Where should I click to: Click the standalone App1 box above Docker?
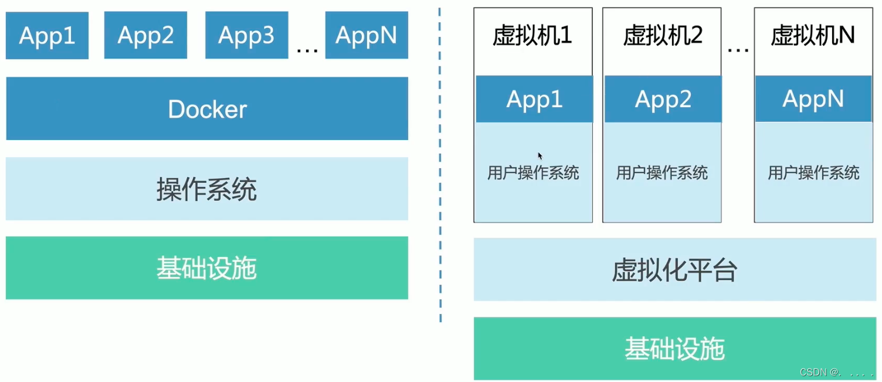tap(47, 36)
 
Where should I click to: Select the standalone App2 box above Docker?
tap(145, 36)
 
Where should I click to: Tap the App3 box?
tap(246, 36)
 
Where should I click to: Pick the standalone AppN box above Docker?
tap(367, 36)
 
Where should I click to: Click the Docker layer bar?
tap(207, 109)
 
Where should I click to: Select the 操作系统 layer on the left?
tap(207, 189)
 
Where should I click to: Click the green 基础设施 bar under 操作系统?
tap(207, 268)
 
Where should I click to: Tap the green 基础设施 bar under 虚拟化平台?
tap(674, 349)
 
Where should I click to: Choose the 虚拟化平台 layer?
tap(674, 270)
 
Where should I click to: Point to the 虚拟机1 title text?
tap(532, 36)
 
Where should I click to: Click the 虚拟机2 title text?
tap(662, 36)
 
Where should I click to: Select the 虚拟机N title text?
tap(813, 36)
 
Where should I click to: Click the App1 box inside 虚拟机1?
tap(534, 99)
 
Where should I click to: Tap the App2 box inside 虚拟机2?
tap(663, 99)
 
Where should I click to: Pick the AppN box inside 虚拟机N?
tap(813, 99)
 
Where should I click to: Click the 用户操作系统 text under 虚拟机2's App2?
tap(662, 173)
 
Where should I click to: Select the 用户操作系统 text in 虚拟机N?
tap(813, 173)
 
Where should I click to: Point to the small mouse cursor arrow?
tap(540, 156)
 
